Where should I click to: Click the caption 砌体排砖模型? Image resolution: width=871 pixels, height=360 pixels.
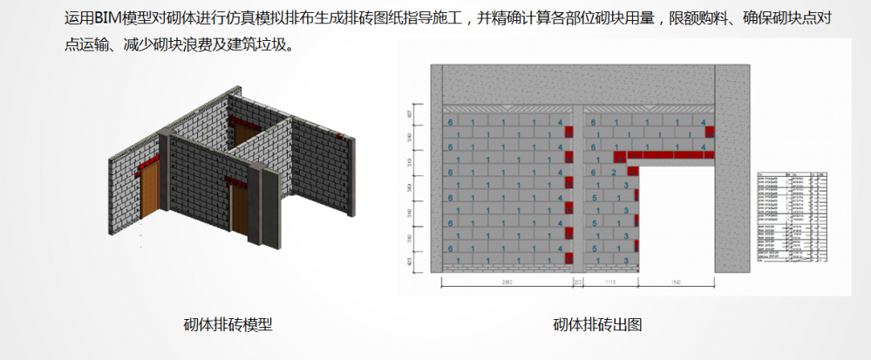[x=228, y=325]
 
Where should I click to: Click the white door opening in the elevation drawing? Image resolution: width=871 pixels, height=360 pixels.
[x=677, y=214]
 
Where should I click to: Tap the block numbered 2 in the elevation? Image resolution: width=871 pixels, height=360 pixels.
[x=614, y=173]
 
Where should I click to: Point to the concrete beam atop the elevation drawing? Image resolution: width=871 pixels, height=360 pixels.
[x=575, y=85]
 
